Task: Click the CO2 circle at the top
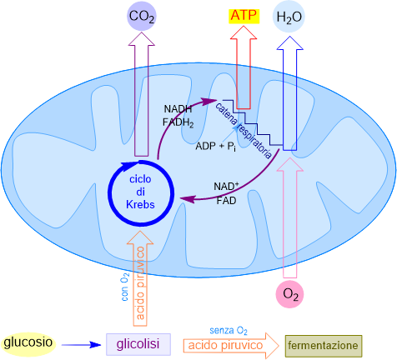click(x=142, y=16)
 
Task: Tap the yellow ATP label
click(x=244, y=16)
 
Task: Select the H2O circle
click(x=289, y=17)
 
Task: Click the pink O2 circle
click(x=289, y=294)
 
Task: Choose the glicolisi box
click(x=138, y=344)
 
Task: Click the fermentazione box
click(x=324, y=346)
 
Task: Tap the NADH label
click(x=178, y=109)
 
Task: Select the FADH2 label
click(x=178, y=122)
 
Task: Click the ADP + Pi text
click(x=216, y=146)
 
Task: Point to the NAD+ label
click(x=226, y=186)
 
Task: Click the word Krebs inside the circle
click(x=140, y=204)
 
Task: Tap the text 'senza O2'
click(x=229, y=331)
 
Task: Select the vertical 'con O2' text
click(x=125, y=287)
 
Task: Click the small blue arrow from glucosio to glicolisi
click(x=81, y=345)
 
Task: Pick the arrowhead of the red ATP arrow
click(x=244, y=32)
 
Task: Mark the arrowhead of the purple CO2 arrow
click(x=142, y=38)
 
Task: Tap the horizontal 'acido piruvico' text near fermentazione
click(x=225, y=345)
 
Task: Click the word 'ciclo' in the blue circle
click(x=140, y=179)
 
